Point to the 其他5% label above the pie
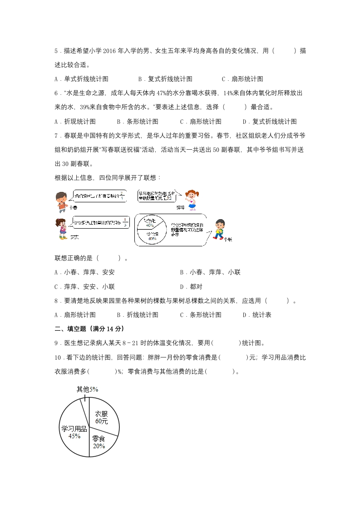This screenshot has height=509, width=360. [87, 389]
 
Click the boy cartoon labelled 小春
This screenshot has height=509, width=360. [61, 200]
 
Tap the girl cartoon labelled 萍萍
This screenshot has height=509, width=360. [192, 200]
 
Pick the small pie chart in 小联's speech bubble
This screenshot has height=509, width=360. [151, 230]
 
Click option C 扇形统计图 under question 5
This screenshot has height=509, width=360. [242, 78]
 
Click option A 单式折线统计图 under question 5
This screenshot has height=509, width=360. [82, 78]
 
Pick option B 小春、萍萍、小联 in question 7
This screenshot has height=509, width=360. [210, 272]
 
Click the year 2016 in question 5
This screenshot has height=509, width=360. [110, 50]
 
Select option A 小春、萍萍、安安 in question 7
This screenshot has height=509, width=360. [84, 272]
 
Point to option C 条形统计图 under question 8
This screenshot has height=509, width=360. [201, 314]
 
